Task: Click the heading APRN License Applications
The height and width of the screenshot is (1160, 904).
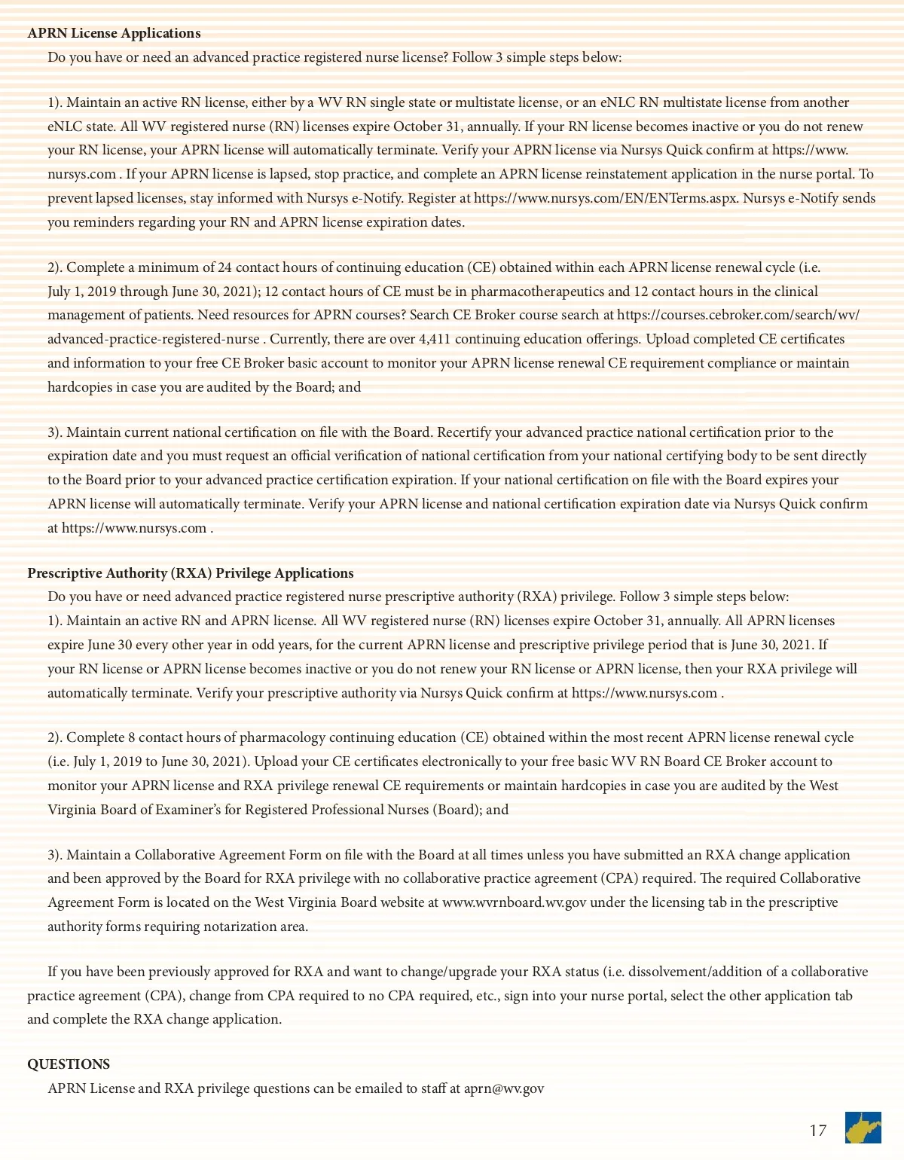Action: [114, 33]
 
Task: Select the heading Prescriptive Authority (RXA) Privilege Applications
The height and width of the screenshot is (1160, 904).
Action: [191, 573]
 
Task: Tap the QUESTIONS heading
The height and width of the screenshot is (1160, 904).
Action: [69, 1064]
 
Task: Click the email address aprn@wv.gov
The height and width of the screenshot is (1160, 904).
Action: [503, 1088]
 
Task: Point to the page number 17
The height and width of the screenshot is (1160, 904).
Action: [817, 1131]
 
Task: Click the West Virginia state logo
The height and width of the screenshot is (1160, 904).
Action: [863, 1128]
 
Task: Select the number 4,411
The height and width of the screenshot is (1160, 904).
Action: [435, 339]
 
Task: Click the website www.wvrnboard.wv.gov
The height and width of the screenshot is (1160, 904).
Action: [514, 902]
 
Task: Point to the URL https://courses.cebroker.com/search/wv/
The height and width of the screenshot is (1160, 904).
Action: [738, 315]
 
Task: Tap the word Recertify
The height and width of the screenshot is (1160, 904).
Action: [464, 432]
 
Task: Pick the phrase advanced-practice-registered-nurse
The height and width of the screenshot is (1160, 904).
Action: [154, 339]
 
